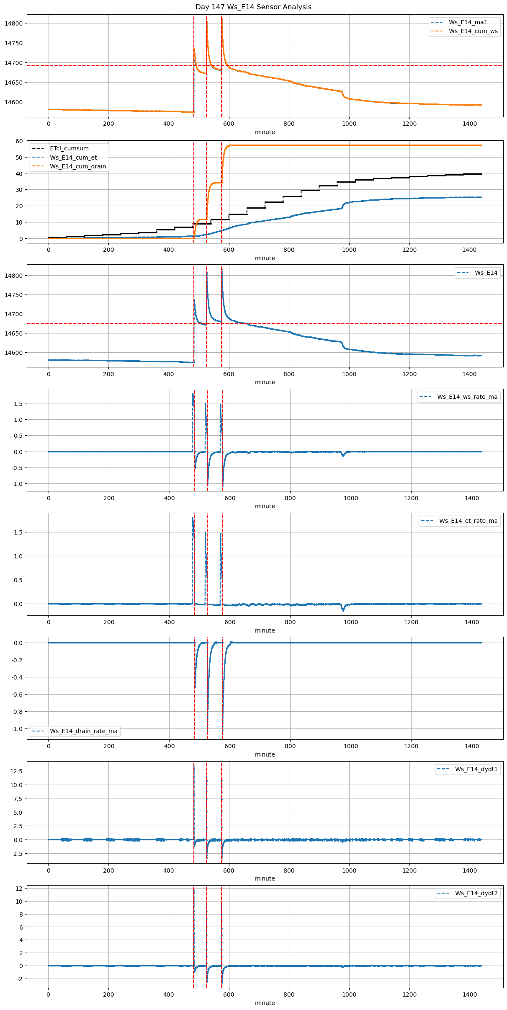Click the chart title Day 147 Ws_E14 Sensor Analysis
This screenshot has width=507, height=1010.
pos(253,7)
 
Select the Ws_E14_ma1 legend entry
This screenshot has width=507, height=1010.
pos(468,22)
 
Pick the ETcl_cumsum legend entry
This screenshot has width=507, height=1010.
pos(69,148)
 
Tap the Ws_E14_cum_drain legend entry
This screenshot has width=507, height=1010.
pos(78,166)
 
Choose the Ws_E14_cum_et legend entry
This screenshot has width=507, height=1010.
pos(73,158)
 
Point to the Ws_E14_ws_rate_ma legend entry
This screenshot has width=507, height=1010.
pos(467,397)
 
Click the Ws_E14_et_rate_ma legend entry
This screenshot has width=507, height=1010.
pos(468,521)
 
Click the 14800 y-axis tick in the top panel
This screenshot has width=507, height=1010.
pos(14,23)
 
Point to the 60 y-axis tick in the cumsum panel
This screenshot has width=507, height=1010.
pos(19,141)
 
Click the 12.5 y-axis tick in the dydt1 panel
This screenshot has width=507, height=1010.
pos(17,771)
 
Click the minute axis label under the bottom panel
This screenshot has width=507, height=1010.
pos(265,1002)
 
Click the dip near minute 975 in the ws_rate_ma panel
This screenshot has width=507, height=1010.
pos(343,456)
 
